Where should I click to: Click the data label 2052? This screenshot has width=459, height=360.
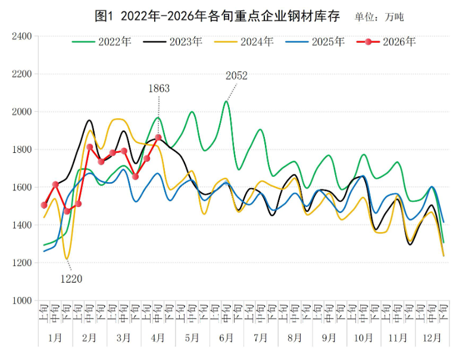[236, 76]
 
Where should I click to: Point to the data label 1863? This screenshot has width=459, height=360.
[158, 89]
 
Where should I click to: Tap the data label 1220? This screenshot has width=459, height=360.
[71, 278]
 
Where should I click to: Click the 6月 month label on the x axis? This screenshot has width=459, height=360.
[226, 337]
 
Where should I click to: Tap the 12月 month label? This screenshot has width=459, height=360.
[432, 337]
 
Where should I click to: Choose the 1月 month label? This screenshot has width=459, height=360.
[55, 337]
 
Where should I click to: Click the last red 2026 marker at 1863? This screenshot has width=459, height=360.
[158, 137]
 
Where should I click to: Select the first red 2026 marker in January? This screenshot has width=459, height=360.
[44, 205]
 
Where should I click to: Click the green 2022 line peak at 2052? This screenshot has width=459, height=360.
[226, 102]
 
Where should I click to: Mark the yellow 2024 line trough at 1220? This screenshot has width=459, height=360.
[67, 259]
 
